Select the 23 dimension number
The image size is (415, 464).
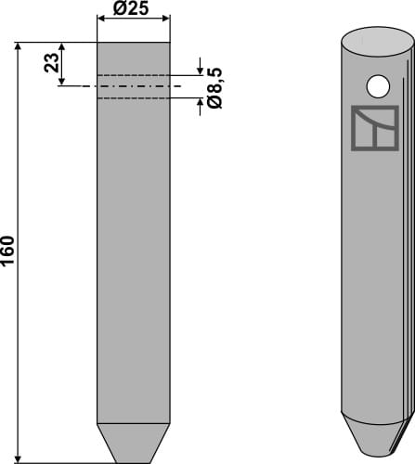click(52, 63)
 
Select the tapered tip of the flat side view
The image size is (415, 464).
click(134, 445)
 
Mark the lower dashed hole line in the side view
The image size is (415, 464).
click(134, 96)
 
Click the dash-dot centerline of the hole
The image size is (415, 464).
click(134, 85)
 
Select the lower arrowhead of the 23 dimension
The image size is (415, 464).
click(62, 81)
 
